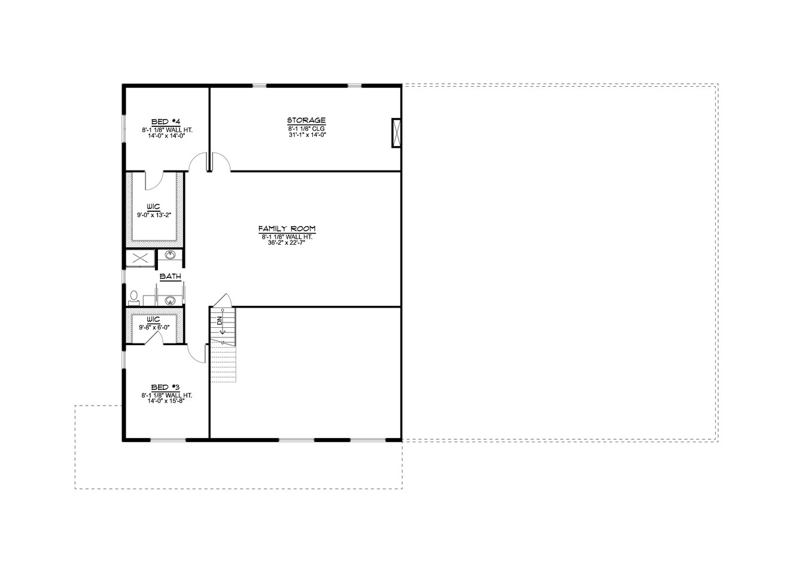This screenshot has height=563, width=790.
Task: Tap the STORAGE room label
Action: click(306, 120)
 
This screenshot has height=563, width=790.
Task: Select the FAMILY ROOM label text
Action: click(287, 229)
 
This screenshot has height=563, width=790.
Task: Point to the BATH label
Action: click(170, 276)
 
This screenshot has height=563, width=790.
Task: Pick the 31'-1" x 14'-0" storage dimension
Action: click(306, 135)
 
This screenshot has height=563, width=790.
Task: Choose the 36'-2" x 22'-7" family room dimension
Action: click(287, 243)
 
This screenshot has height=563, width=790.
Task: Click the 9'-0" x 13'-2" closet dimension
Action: click(153, 214)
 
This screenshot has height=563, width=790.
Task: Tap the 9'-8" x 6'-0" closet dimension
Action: click(153, 327)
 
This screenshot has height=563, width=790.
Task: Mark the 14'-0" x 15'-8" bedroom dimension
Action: click(167, 401)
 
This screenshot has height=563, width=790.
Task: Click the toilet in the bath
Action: click(134, 297)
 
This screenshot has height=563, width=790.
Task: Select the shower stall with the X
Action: click(140, 258)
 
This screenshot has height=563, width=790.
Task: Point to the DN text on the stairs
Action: click(220, 321)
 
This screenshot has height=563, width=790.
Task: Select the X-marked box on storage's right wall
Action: click(395, 133)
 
